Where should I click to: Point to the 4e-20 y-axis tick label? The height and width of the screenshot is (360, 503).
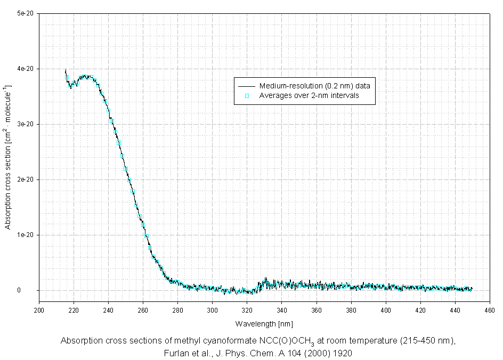point(26,69)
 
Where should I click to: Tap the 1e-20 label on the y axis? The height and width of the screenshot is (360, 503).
point(26,235)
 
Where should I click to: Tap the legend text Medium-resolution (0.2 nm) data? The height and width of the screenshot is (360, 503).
point(318,86)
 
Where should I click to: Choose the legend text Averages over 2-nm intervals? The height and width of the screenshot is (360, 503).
point(309,96)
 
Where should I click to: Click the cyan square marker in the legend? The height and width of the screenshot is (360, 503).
point(247,96)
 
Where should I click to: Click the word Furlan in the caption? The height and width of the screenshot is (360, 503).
point(178,353)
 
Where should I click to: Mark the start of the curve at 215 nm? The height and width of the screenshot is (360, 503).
point(66,71)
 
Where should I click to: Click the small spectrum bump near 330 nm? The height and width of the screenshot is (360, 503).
point(265,280)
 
